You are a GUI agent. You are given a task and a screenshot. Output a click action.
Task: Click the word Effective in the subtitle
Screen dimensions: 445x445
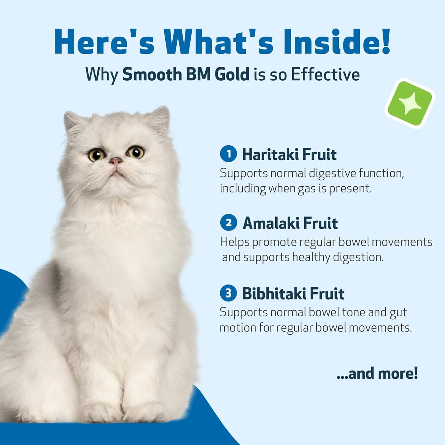325,74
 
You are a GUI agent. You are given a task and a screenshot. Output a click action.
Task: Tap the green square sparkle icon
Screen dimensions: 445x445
409,103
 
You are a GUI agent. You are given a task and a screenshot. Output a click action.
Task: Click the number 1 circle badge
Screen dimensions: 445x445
228,154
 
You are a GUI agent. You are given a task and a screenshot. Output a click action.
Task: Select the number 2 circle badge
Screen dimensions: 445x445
228,222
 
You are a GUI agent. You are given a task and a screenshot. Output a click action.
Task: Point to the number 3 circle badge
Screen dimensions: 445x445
228,293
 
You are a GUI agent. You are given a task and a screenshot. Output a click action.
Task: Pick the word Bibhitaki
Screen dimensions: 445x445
274,294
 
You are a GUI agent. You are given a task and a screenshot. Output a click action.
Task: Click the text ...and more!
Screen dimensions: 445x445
377,373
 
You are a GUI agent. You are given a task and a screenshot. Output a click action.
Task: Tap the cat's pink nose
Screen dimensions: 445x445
116,161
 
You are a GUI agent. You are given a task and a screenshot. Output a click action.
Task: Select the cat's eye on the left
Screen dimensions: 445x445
97,155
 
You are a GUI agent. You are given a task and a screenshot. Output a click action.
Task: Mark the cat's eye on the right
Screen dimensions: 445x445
136,152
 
